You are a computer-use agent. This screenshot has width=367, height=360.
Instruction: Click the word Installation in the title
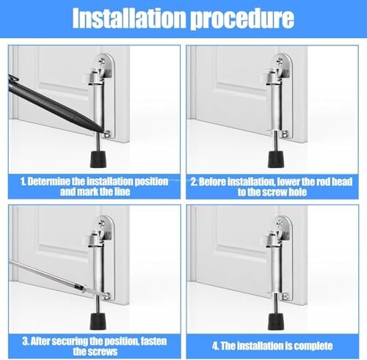click(x=128, y=18)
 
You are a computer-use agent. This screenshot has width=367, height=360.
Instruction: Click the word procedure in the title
click(x=242, y=18)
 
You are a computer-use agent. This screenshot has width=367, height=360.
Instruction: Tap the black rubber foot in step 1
click(x=98, y=159)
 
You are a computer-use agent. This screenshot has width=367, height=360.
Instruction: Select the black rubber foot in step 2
click(x=276, y=159)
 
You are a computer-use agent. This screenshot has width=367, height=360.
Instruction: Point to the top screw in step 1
click(x=102, y=61)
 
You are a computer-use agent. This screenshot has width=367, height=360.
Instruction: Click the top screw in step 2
click(x=280, y=61)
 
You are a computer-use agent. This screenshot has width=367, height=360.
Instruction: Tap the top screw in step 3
click(x=102, y=223)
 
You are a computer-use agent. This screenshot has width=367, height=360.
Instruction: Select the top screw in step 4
click(x=280, y=223)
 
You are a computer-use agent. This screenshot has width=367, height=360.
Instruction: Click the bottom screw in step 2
click(x=286, y=133)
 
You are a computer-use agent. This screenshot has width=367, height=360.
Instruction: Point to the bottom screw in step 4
click(x=286, y=296)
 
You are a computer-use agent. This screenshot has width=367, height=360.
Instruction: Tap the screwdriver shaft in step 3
click(x=46, y=273)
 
